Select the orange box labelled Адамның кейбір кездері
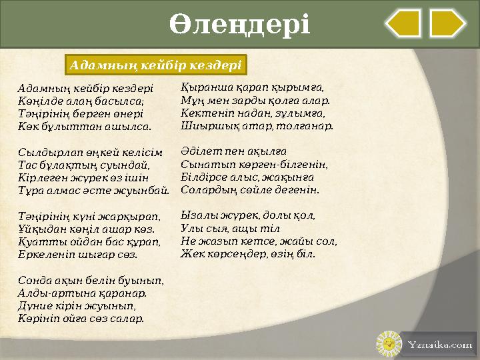point(156,65)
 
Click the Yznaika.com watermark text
point(439,345)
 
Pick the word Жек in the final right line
point(191,254)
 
